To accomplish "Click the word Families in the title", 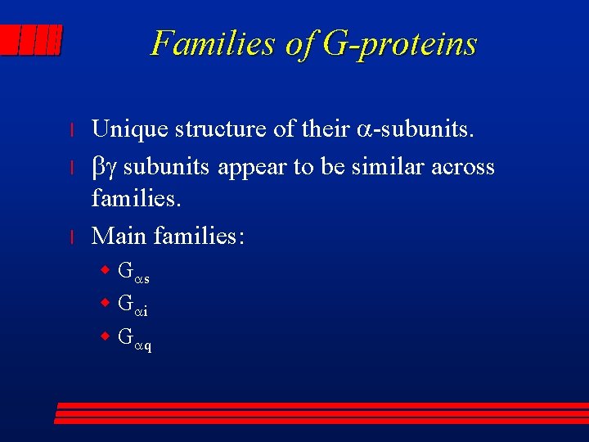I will (214, 43).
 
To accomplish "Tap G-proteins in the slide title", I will (400, 43).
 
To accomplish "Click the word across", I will (463, 167).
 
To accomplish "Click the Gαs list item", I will (133, 272).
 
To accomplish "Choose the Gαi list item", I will (133, 304).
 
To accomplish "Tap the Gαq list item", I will (135, 338).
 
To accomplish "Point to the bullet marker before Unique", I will (72, 130).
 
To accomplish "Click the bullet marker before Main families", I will (72, 237).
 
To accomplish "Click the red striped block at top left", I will (32, 39).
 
